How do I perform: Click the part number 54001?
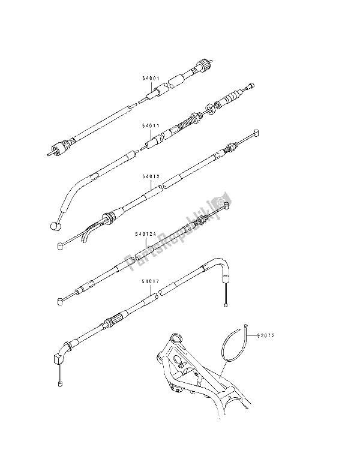pos(151,78)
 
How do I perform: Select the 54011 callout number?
pos(151,127)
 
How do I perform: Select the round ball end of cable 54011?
pos(55,226)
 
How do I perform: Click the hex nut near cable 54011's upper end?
pos(214,109)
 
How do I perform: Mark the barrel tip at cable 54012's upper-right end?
pos(256,133)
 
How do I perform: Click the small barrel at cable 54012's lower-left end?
pos(61,245)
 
